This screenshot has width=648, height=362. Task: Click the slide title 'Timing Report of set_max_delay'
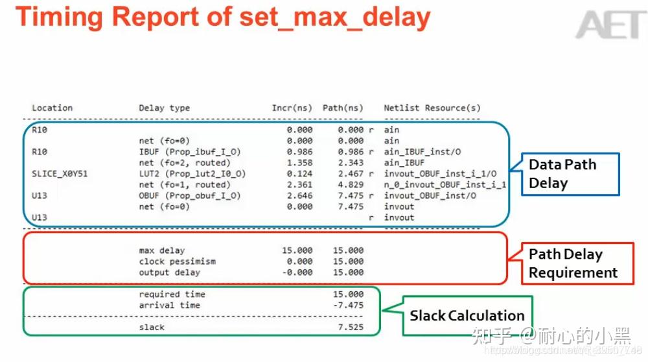click(223, 18)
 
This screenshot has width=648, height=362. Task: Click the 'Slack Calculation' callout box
click(467, 316)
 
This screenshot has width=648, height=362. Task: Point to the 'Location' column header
click(52, 108)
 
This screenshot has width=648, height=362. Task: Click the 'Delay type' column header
click(165, 108)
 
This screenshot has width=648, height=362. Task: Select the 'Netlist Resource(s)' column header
click(432, 108)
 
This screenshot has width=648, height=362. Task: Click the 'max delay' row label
click(162, 250)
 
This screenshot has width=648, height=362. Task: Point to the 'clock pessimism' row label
click(178, 261)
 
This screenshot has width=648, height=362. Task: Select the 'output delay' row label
click(170, 272)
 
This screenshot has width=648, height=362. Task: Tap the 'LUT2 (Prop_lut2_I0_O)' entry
click(192, 174)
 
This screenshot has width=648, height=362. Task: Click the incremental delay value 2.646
click(299, 195)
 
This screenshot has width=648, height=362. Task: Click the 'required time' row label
click(172, 294)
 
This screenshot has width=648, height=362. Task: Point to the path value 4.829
click(351, 184)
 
